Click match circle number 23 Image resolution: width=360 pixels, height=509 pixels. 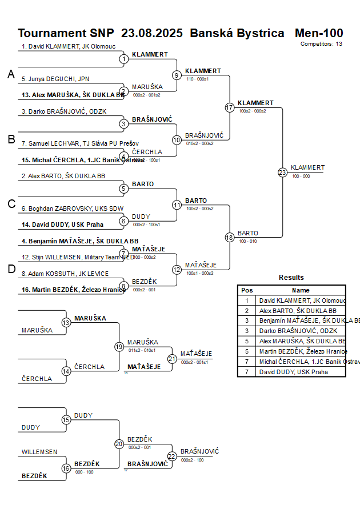tap(282, 173)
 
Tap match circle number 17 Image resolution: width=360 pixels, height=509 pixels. tap(230, 107)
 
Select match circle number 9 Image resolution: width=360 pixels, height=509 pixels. tap(177, 75)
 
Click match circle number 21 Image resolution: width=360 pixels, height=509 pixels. tap(172, 358)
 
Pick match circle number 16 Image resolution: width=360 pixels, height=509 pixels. tap(66, 468)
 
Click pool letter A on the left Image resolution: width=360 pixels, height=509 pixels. tap(11, 74)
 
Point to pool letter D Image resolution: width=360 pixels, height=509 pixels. tap(11, 270)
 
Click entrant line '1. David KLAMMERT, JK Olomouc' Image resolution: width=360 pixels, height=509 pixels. tap(69, 46)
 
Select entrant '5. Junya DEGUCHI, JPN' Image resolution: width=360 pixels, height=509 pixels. tap(55, 79)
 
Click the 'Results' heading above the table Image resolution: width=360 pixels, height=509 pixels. tap(291, 278)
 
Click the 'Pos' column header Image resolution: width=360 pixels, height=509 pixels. tap(247, 290)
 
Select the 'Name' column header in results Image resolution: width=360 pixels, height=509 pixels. tap(301, 290)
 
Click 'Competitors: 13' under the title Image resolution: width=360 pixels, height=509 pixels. tap(321, 43)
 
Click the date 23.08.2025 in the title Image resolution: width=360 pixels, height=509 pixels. tap(152, 33)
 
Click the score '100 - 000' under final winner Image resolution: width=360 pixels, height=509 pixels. tap(301, 176)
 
